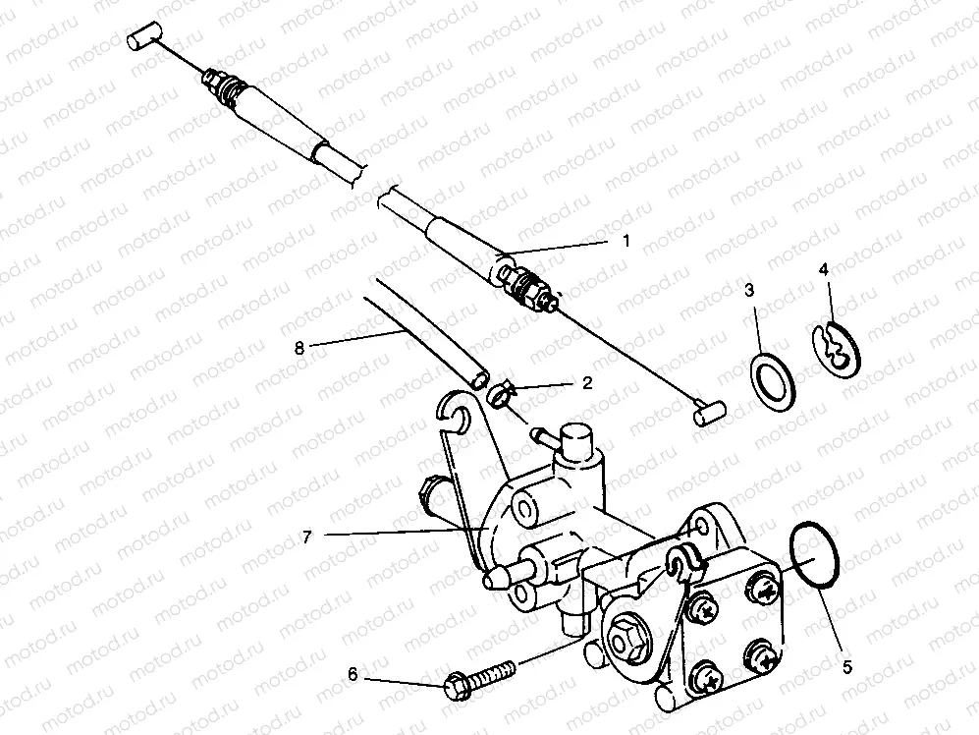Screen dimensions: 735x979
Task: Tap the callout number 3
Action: pyautogui.click(x=749, y=290)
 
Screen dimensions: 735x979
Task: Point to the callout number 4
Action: pyautogui.click(x=824, y=267)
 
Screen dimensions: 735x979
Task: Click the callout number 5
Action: pyautogui.click(x=846, y=667)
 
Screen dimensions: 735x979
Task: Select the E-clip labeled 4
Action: pyautogui.click(x=837, y=350)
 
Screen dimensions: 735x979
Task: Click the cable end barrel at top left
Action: pyautogui.click(x=143, y=40)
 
